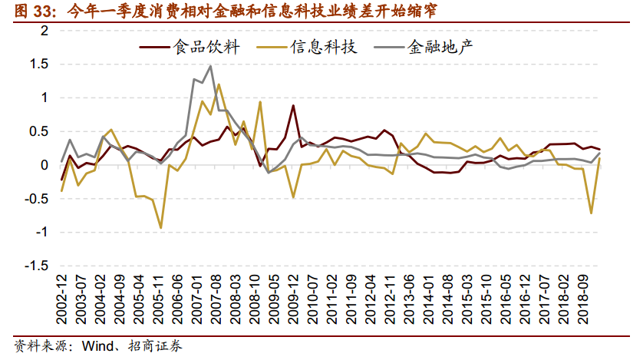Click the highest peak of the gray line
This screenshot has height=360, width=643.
pos(210,66)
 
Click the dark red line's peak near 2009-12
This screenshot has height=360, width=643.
pos(293,105)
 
